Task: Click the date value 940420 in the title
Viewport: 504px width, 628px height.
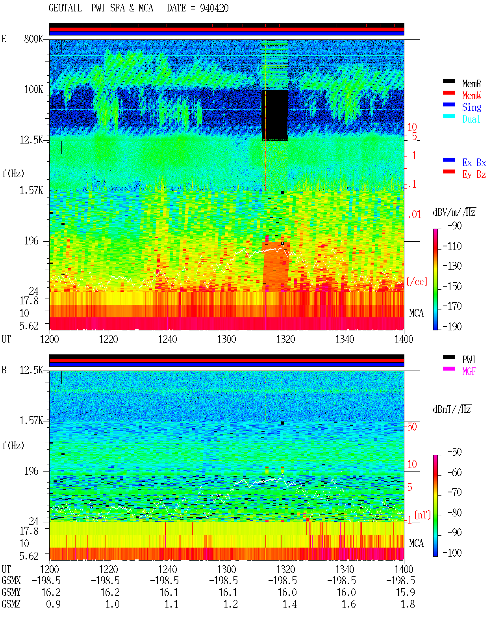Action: click(x=214, y=8)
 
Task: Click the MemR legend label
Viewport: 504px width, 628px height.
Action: click(x=472, y=84)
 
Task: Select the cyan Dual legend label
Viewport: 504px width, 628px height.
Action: click(x=471, y=119)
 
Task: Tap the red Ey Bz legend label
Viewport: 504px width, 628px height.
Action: click(x=474, y=175)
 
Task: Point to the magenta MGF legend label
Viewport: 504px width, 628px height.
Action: click(x=469, y=371)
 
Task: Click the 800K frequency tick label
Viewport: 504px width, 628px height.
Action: click(x=33, y=39)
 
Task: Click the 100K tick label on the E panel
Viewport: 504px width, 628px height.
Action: click(x=33, y=89)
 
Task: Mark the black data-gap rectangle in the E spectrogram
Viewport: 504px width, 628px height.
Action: click(x=275, y=115)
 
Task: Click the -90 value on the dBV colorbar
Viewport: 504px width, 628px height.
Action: click(x=454, y=226)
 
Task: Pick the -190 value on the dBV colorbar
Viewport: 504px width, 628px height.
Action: click(x=452, y=326)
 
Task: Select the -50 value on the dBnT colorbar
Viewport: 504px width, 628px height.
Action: click(x=454, y=452)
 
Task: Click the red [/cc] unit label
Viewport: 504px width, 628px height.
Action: click(x=417, y=281)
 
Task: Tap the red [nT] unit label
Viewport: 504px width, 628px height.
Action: click(x=422, y=515)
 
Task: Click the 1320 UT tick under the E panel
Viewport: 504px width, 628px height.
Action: click(x=286, y=339)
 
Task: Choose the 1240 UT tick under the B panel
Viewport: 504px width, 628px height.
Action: click(x=168, y=570)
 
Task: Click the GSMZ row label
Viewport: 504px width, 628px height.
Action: click(x=11, y=604)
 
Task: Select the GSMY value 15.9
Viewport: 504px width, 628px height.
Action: click(x=405, y=593)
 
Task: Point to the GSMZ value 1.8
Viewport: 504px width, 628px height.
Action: click(x=408, y=604)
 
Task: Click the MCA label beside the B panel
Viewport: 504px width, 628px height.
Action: click(x=416, y=543)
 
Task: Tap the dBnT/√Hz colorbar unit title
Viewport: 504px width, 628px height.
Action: click(x=452, y=410)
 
